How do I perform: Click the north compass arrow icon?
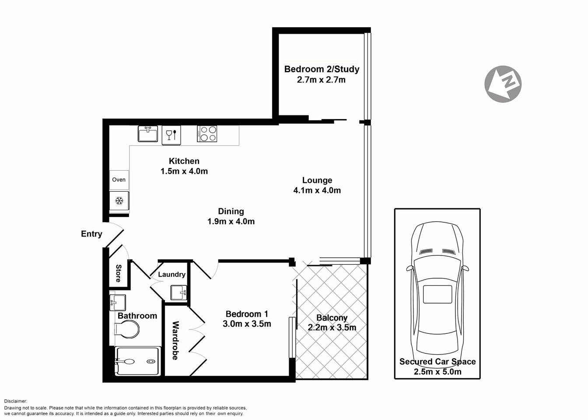502,84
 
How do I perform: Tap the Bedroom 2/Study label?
322,69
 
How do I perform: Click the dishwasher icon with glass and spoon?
171,135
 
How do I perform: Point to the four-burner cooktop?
207,133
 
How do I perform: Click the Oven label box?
119,180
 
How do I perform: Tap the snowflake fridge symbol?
119,201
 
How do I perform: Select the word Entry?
91,234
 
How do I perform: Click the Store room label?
118,273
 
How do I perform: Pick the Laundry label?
171,274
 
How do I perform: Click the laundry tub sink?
178,292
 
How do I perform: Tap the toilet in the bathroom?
127,329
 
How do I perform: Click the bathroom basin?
117,301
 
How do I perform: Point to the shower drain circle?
151,361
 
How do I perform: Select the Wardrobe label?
175,340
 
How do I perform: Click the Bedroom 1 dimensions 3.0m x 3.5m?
247,324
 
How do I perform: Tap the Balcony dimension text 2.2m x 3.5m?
332,328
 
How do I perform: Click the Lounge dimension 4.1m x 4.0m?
317,190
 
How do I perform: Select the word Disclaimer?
16,401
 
